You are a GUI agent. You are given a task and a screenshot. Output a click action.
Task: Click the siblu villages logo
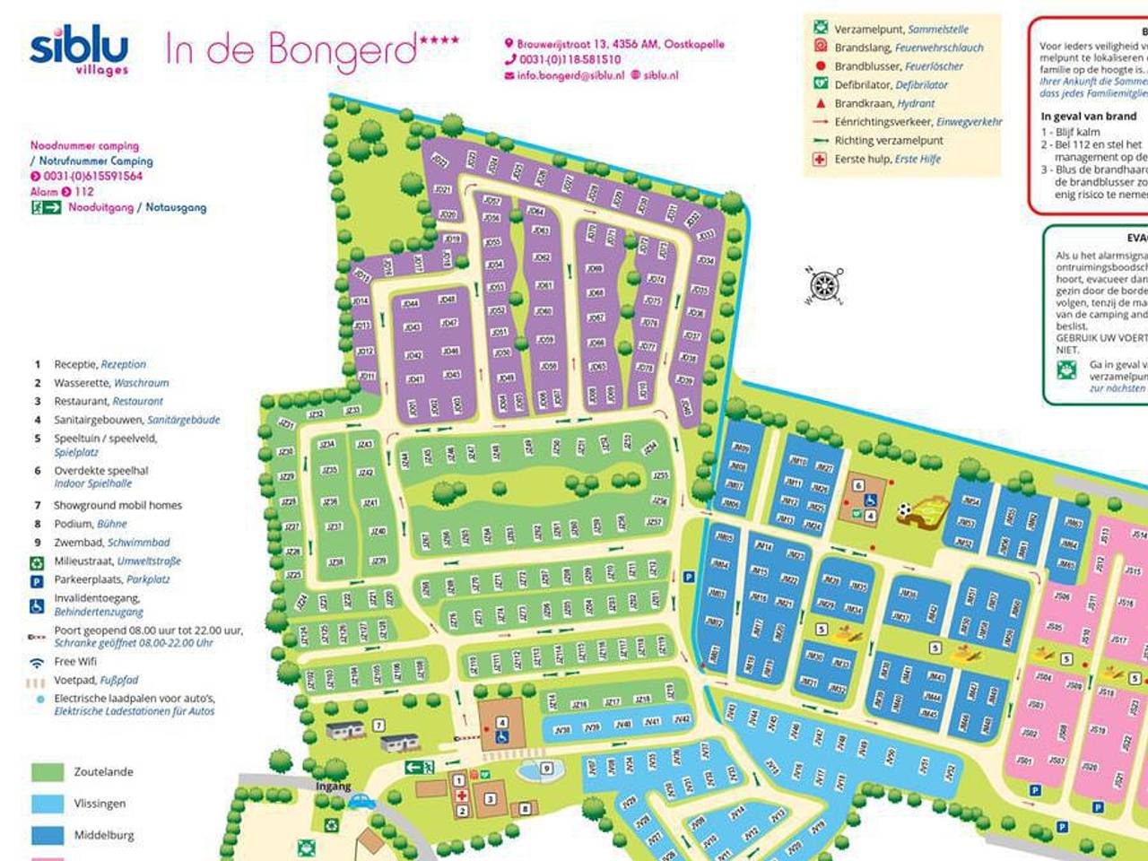pyautogui.click(x=79, y=52)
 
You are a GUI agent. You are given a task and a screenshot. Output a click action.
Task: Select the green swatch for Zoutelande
pyautogui.click(x=48, y=772)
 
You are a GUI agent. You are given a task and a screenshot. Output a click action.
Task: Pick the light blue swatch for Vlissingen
pyautogui.click(x=48, y=804)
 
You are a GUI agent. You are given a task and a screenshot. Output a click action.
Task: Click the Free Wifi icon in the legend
pyautogui.click(x=37, y=662)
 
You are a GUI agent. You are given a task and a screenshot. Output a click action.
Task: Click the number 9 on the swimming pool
pyautogui.click(x=546, y=769)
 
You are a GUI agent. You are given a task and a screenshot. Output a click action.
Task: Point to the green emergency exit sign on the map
pyautogui.click(x=419, y=767)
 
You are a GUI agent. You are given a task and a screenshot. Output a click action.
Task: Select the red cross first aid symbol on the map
pyautogui.click(x=462, y=796)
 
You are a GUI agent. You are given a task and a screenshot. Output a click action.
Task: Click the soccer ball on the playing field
pyautogui.click(x=904, y=510)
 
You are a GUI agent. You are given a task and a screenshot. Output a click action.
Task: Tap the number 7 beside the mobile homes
pyautogui.click(x=379, y=726)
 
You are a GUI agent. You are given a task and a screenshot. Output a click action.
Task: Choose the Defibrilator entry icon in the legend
pyautogui.click(x=819, y=84)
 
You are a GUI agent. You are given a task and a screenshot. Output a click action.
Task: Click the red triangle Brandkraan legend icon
pyautogui.click(x=819, y=103)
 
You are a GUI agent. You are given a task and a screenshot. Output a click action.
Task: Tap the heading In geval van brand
pyautogui.click(x=1088, y=117)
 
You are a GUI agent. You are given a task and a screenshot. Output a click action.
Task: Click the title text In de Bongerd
pyautogui.click(x=291, y=50)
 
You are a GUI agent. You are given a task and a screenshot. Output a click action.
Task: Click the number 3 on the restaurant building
pyautogui.click(x=491, y=798)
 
